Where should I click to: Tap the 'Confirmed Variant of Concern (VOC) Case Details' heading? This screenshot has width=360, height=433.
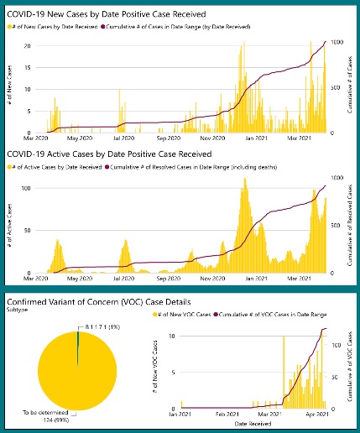97,301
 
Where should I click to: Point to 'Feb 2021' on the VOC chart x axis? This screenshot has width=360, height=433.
226,415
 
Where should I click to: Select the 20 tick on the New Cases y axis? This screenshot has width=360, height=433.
27,45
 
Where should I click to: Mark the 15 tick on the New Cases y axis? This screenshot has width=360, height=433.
27,67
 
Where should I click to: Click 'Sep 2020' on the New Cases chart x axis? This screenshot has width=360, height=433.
168,139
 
